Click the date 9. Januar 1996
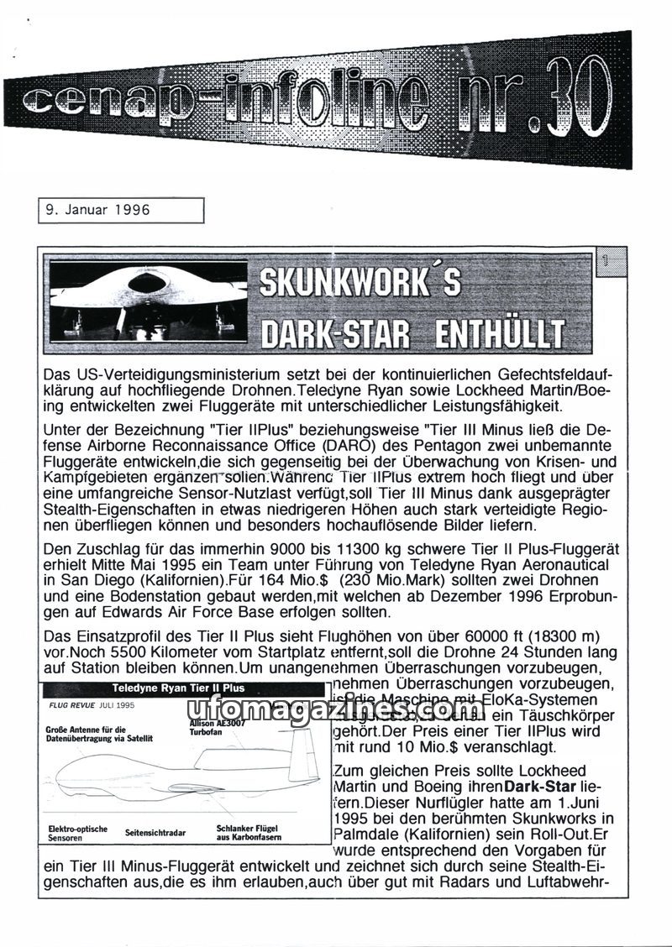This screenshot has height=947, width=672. pyautogui.click(x=99, y=210)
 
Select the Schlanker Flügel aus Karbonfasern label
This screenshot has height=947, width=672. pyautogui.click(x=249, y=831)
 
